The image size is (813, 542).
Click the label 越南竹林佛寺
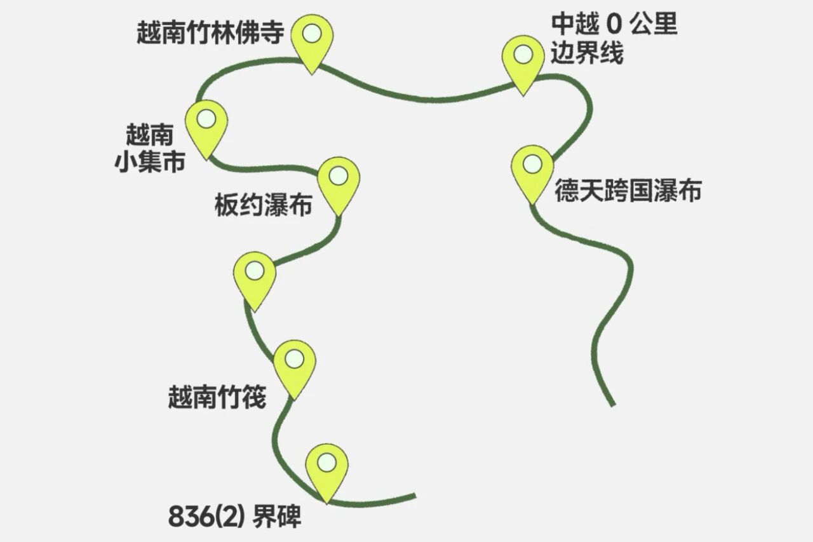210,33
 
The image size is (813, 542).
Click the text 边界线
587,54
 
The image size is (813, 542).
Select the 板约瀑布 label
263,205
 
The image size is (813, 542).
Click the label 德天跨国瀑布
628,190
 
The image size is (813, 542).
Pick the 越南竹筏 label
217,398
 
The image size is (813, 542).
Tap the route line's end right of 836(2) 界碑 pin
413,496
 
